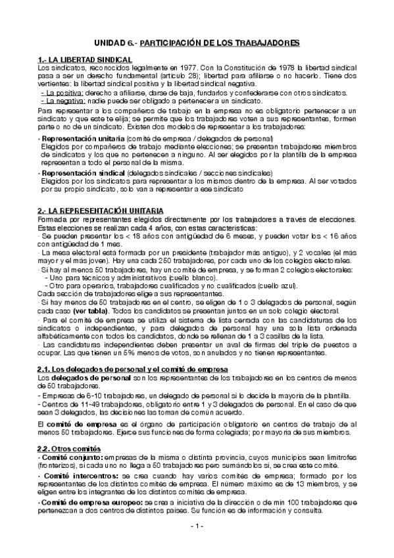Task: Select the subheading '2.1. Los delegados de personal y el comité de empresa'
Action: [x=133, y=370]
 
